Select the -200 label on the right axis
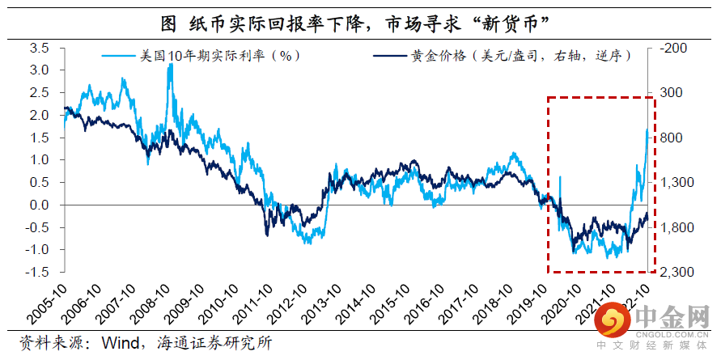click(674, 49)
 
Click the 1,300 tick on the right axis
click(677, 183)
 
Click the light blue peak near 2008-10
click(170, 66)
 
